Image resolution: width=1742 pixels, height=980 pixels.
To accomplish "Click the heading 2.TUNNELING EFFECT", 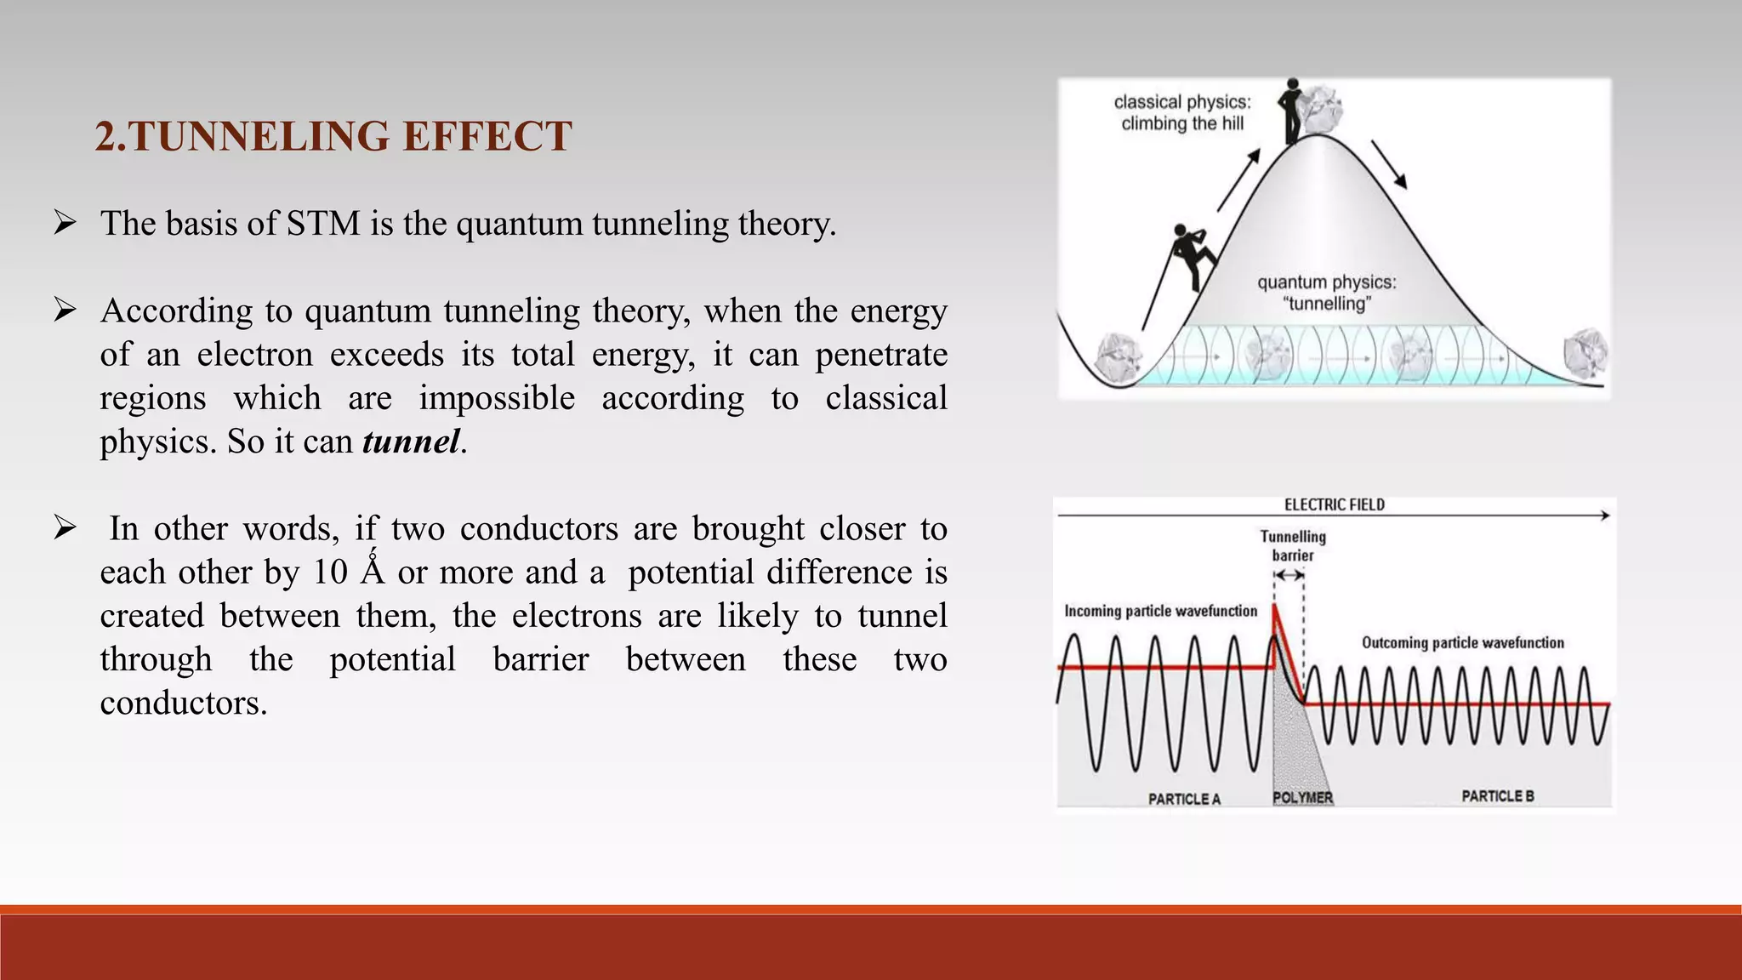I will [x=333, y=137].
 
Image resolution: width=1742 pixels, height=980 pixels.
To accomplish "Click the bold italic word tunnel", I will [x=411, y=442].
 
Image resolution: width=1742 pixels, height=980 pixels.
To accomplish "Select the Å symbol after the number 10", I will [x=373, y=571].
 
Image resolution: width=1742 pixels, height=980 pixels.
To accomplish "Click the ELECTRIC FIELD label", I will [x=1334, y=505].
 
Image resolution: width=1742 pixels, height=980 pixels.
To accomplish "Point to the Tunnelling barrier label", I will [x=1292, y=546].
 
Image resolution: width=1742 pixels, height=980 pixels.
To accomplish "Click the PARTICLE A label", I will [x=1184, y=799].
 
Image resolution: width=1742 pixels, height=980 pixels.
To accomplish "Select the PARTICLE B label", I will [x=1497, y=796].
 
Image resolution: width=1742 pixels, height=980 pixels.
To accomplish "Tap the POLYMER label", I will [x=1302, y=798].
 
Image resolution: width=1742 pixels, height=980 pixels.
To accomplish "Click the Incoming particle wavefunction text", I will [x=1160, y=611].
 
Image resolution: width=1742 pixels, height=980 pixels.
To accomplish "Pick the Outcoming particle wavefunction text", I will [x=1462, y=643].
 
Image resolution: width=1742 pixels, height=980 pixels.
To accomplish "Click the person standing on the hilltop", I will [x=1292, y=111].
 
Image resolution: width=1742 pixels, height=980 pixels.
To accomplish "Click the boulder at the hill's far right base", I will [x=1585, y=353].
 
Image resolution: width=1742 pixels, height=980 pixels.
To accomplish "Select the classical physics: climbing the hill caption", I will [x=1182, y=113].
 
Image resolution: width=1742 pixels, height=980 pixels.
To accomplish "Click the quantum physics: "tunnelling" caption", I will [x=1327, y=293].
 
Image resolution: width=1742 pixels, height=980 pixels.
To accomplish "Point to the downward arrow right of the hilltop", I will [x=1388, y=164].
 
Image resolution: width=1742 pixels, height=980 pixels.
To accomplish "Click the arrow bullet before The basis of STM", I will [x=65, y=224].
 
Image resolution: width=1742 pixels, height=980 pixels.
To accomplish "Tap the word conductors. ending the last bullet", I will [x=184, y=703].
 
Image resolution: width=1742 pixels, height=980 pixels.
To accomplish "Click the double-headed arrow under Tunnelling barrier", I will [x=1289, y=575].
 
